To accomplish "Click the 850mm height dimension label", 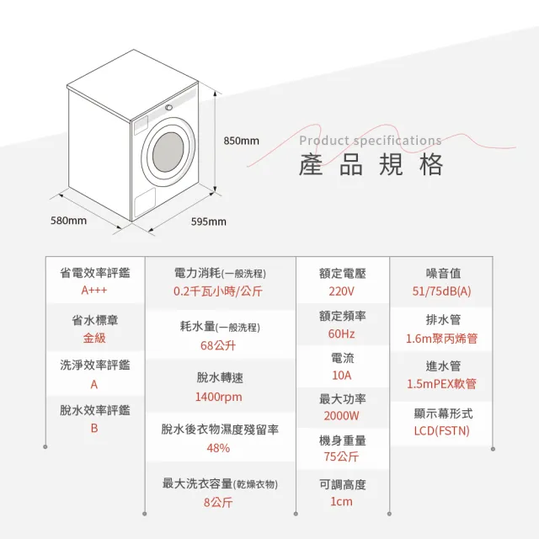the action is click(242, 141).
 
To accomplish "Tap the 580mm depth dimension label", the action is click(68, 221).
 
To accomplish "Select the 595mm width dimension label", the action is click(209, 221).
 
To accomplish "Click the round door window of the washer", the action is click(168, 152).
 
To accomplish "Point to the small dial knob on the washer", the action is click(168, 108).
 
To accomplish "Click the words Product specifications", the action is click(371, 141).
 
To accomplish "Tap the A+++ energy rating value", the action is click(94, 291).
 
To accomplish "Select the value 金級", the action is click(94, 338).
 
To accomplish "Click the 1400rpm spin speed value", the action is click(219, 397).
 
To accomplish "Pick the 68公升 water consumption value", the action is click(218, 345).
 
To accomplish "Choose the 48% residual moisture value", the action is click(218, 448).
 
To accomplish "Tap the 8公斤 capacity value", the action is click(218, 502).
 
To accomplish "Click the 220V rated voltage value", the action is click(341, 291).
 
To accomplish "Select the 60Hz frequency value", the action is click(341, 334).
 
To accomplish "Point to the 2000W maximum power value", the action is click(341, 416).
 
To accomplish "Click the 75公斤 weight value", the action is click(341, 456).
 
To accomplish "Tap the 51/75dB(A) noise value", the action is click(441, 291).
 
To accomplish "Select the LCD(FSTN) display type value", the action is click(441, 430).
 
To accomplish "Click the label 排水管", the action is click(443, 320).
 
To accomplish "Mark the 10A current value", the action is click(342, 376).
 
